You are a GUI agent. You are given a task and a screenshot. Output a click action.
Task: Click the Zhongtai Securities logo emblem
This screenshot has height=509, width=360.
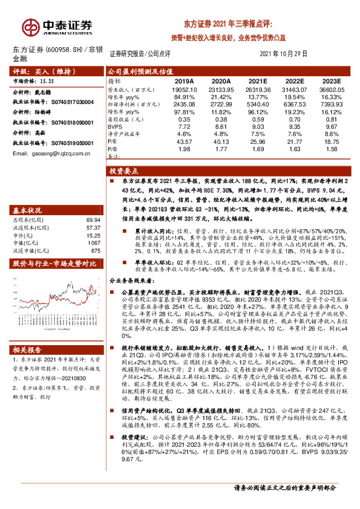point(30,27)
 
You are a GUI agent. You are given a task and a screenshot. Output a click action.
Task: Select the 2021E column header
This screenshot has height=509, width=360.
point(258,80)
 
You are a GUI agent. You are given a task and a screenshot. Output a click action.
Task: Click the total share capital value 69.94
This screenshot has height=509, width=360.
point(93,221)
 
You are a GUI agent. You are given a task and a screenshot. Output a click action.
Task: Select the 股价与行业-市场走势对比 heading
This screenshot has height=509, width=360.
point(54,264)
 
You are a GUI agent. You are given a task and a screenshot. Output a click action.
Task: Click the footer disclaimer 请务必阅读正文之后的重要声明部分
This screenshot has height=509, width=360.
point(284,487)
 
